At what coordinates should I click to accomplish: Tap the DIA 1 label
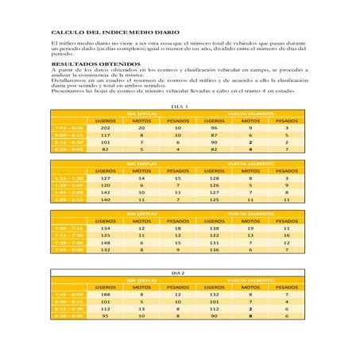(180, 106)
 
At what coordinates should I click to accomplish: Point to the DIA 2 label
(179, 273)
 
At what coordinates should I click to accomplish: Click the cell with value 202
(106, 127)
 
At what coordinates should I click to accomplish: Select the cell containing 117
(106, 134)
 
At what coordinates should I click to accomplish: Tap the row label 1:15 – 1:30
(67, 178)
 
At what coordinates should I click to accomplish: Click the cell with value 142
(106, 192)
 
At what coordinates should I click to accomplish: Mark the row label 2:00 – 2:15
(67, 199)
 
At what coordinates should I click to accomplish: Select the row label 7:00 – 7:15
(67, 228)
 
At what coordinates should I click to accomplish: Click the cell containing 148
(106, 242)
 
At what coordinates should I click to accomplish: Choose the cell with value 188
(106, 294)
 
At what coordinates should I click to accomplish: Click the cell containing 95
(106, 315)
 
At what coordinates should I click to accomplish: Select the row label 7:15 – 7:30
(67, 235)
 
